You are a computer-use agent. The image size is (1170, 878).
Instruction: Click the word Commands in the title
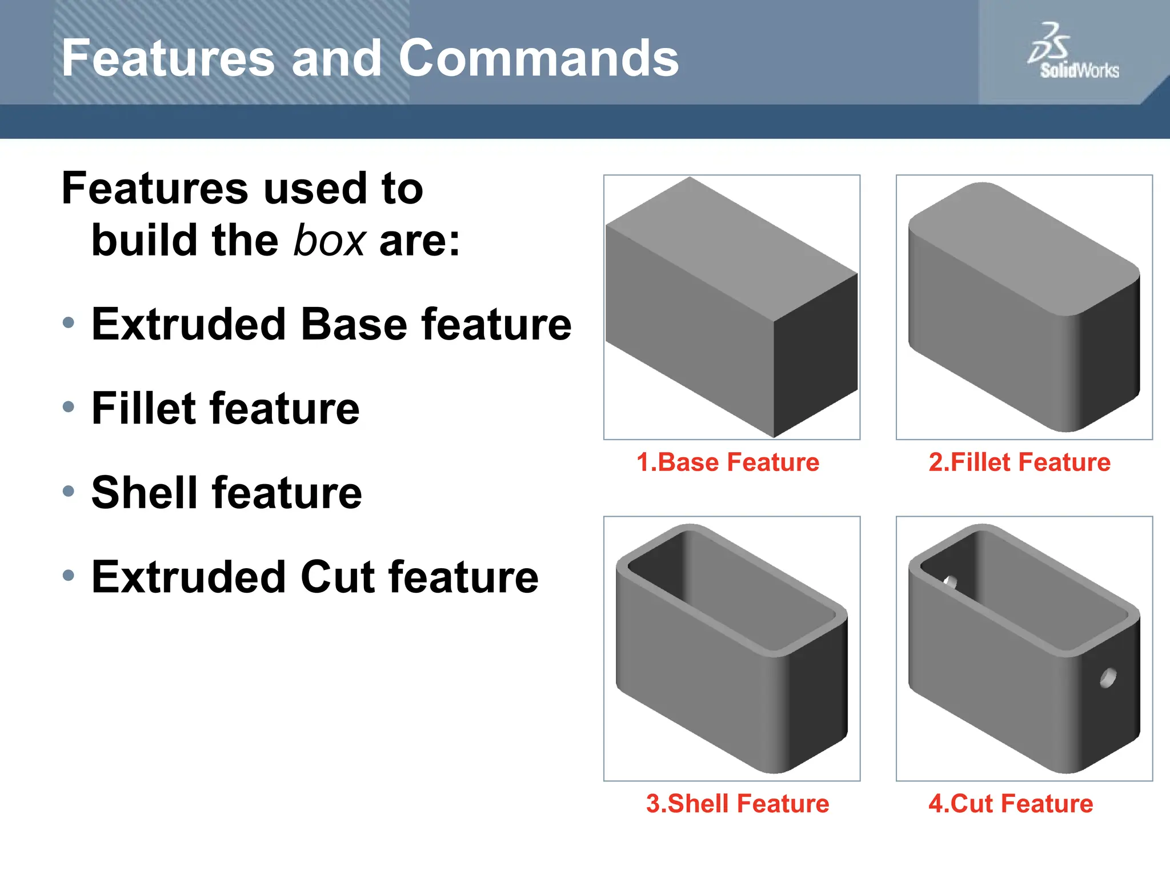[538, 58]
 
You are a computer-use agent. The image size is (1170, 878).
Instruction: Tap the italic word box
[329, 241]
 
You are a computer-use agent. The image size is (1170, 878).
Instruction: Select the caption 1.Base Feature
[728, 462]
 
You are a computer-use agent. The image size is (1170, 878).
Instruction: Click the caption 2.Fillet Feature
[1020, 462]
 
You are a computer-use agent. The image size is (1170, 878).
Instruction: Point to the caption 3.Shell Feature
[738, 803]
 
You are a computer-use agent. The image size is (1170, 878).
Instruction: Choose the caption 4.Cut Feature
[1011, 803]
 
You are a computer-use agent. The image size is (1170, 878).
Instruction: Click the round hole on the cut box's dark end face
[1108, 678]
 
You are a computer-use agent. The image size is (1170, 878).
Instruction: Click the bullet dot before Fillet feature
[69, 407]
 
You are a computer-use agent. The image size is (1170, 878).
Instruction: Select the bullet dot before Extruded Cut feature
[69, 575]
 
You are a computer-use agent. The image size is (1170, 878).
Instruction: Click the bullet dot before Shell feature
[69, 491]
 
